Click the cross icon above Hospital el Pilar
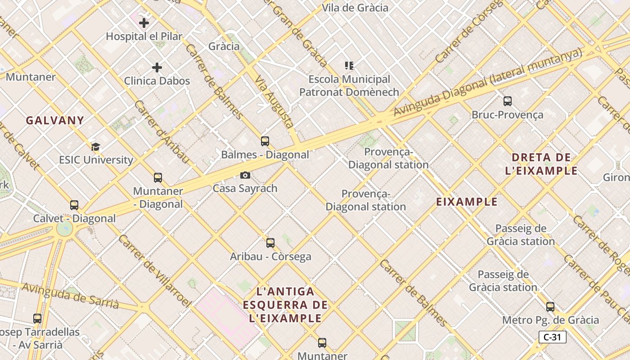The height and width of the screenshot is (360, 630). (144, 22)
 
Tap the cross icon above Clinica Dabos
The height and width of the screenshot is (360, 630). (157, 67)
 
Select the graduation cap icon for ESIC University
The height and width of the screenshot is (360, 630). (95, 147)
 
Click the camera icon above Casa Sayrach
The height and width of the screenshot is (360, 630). (245, 175)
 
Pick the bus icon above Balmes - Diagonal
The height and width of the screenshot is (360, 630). (265, 141)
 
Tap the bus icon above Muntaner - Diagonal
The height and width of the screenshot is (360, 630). (157, 177)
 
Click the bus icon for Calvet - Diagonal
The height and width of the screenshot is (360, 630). (74, 205)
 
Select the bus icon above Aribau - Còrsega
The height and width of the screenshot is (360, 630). (270, 243)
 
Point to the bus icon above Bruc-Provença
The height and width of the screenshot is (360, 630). (508, 101)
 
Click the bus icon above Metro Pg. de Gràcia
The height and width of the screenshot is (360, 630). (550, 307)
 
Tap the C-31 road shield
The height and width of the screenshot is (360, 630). (552, 337)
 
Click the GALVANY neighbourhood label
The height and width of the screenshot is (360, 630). (55, 121)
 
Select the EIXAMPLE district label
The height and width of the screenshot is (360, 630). (467, 202)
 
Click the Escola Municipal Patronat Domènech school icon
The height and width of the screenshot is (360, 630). (349, 66)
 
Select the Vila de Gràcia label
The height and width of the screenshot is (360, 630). (355, 8)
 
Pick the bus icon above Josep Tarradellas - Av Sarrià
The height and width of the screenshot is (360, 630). (37, 319)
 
